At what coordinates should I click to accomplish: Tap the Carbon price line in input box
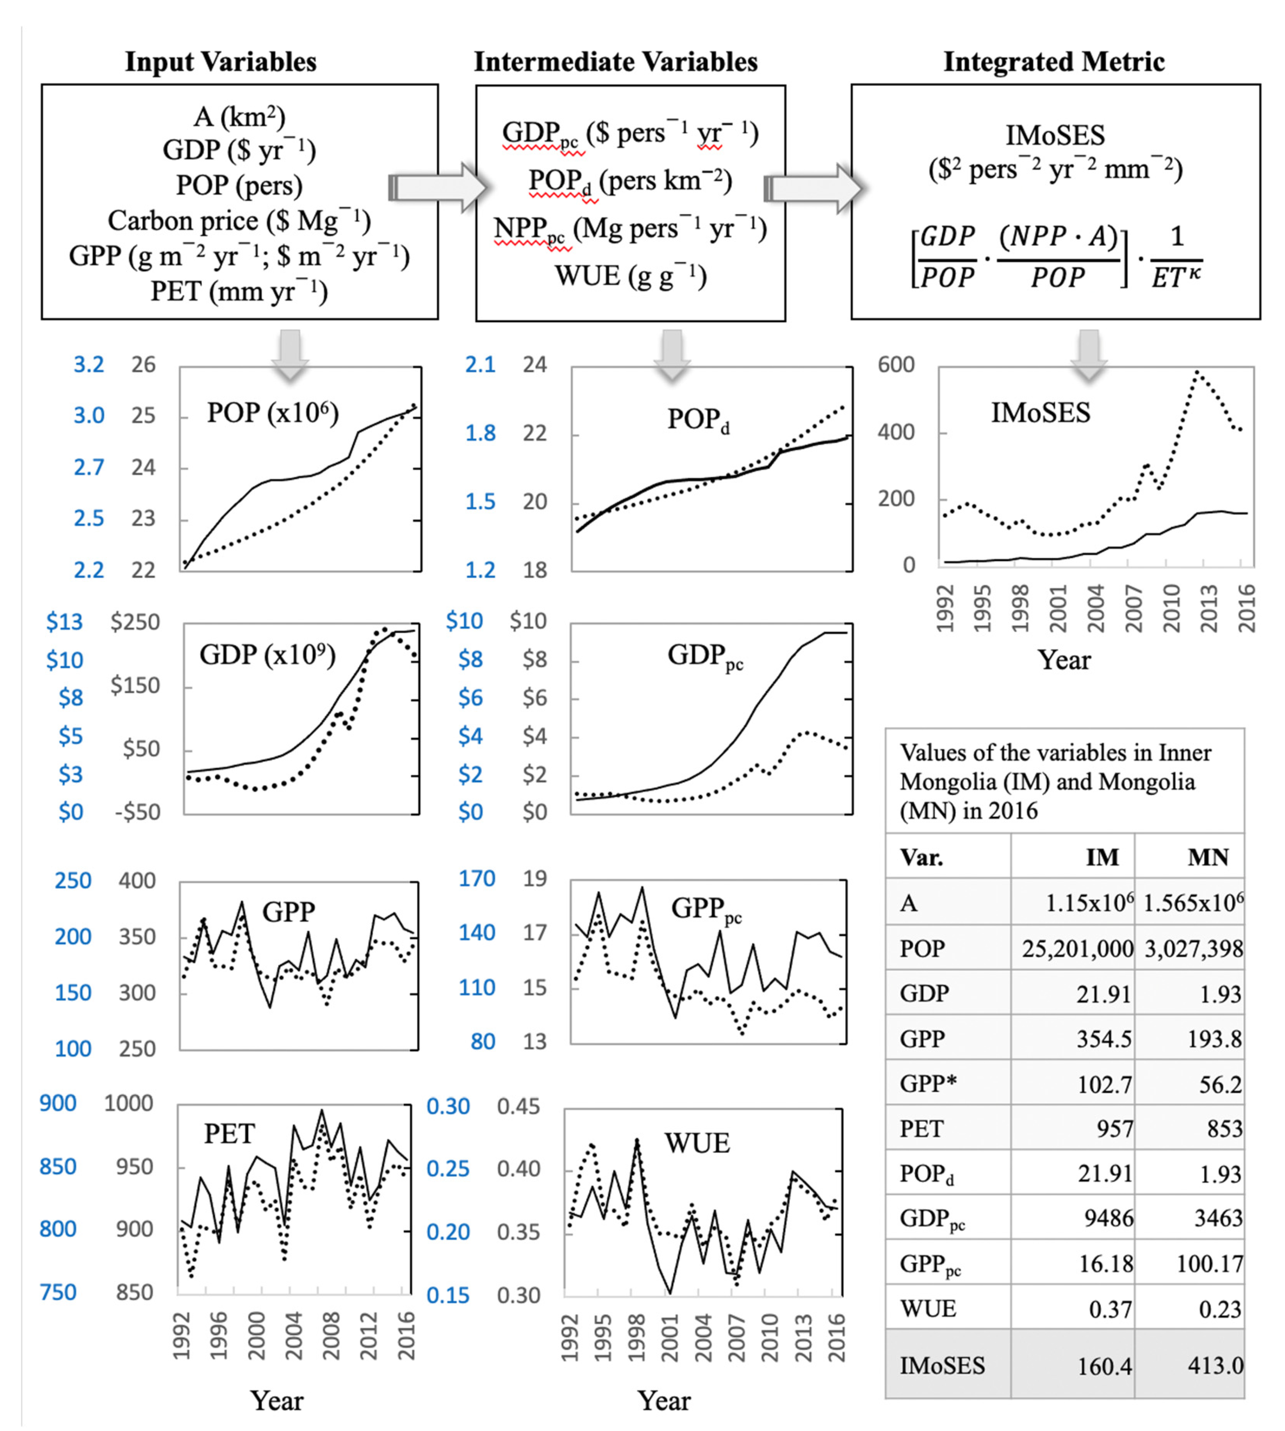(x=239, y=221)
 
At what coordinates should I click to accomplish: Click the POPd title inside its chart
(x=697, y=420)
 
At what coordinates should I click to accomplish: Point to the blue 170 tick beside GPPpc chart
(x=477, y=879)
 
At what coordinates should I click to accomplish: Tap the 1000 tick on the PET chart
(x=128, y=1103)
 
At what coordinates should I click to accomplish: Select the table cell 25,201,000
(x=1077, y=948)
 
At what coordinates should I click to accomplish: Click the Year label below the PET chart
(x=277, y=1401)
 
